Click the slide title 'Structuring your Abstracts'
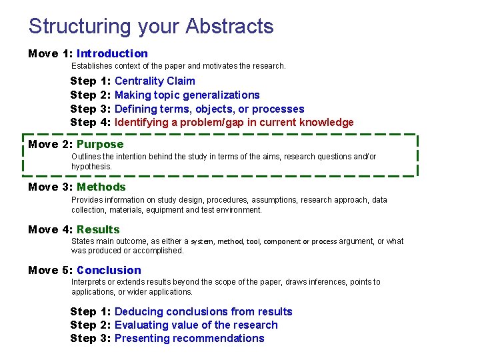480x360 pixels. coord(151,27)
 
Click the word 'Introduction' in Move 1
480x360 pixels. coord(112,53)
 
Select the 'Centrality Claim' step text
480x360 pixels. coord(155,81)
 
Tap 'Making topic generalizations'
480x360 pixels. coord(187,95)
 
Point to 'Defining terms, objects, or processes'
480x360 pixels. coord(209,109)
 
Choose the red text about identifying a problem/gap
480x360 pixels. coord(234,122)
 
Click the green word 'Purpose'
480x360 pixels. coord(100,144)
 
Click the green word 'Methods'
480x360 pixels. coord(101,187)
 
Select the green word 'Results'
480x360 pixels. coord(98,229)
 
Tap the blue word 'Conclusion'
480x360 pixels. coord(109,270)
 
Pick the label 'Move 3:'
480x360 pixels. coord(50,187)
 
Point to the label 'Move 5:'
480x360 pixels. coord(50,270)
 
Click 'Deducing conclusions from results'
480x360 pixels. coord(203,311)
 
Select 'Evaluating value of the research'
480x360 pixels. coord(196,325)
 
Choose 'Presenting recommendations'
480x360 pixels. coord(189,338)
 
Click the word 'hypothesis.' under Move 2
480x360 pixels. coord(92,166)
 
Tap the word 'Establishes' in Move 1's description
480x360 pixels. coord(92,66)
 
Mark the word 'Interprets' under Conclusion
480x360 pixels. coord(89,282)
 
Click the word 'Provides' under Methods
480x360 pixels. coord(87,199)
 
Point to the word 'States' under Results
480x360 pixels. coord(82,241)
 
